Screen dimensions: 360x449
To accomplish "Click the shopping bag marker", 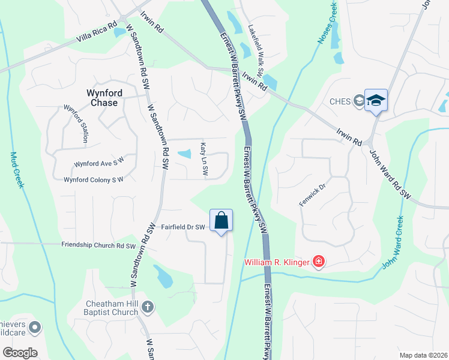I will click(221, 220).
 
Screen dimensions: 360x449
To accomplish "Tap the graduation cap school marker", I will click(376, 100).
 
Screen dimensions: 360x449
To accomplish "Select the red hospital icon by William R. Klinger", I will click(318, 262).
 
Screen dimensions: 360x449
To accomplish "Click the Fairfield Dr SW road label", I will click(183, 227).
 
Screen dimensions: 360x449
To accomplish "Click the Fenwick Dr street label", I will click(312, 196).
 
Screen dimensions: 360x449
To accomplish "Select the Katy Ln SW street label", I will click(203, 158).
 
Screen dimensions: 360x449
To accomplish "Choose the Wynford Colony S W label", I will click(93, 179).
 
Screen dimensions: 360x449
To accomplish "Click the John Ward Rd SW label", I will click(390, 175).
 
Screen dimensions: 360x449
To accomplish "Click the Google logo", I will click(20, 352).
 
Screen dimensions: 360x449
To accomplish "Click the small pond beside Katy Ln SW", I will click(185, 154).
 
